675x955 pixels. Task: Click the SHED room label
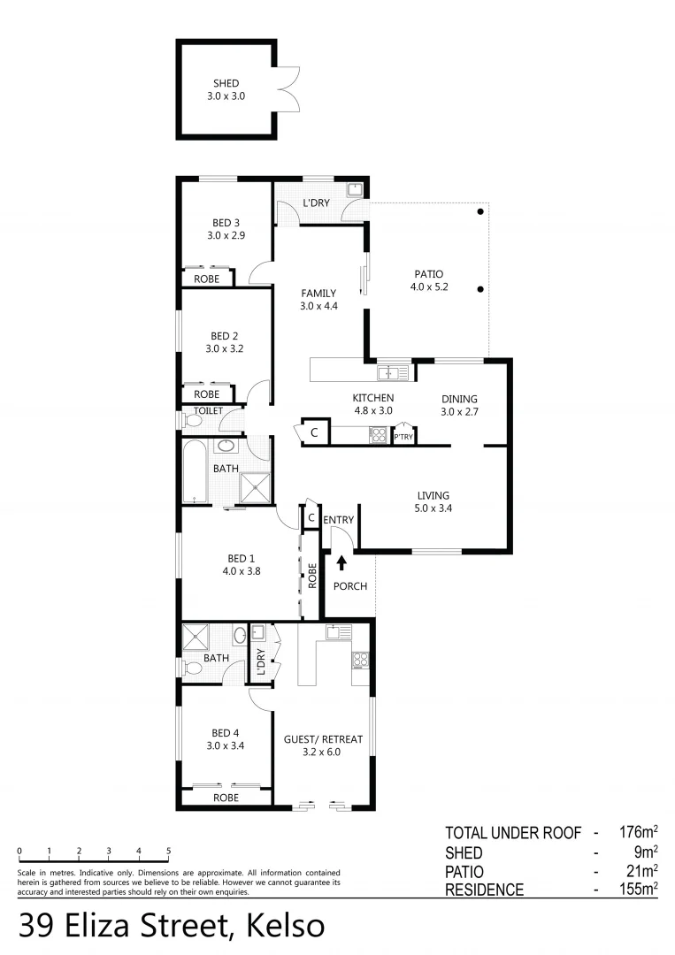point(226,90)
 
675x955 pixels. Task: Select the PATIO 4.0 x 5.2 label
point(426,280)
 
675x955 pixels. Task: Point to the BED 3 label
point(226,229)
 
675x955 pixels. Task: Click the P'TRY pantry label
point(403,438)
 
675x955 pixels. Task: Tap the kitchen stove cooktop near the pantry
point(379,434)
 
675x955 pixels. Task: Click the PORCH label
point(350,586)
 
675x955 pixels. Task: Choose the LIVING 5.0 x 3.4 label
point(433,501)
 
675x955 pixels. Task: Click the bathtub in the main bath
point(196,472)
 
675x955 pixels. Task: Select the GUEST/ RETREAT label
point(323,745)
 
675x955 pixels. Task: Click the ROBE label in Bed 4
point(226,797)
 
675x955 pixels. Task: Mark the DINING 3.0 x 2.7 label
point(459,405)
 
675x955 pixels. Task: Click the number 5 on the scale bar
point(168,851)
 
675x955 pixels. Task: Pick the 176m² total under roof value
point(637,832)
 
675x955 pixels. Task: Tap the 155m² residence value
point(637,890)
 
